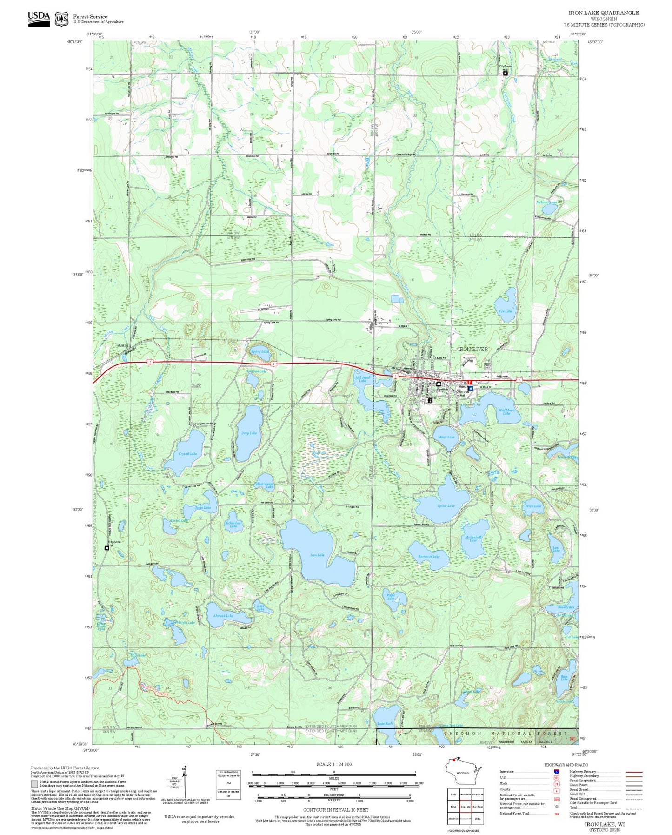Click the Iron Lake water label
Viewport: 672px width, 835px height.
pos(317,555)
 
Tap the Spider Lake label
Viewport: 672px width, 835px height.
pos(446,505)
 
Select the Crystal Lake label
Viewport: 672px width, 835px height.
pos(187,453)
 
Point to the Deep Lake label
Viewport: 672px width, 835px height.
pos(249,433)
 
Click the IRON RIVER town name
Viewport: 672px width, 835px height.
pos(473,349)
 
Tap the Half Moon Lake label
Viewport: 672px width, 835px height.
pos(506,412)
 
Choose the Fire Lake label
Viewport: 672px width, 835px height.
pos(505,311)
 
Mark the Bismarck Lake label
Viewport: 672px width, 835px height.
pos(429,556)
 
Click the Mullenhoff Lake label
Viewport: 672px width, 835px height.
pos(473,539)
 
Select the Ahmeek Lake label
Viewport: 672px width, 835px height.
pos(223,616)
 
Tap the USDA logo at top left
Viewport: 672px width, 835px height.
pos(39,18)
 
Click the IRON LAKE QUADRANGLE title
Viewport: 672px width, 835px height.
pos(604,13)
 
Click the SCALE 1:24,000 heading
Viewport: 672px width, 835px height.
pos(334,764)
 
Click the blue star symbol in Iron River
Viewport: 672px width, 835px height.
pos(471,388)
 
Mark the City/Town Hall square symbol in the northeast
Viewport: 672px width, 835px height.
pos(505,73)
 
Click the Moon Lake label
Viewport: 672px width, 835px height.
pos(446,437)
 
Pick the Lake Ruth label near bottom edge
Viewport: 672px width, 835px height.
pos(385,724)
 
